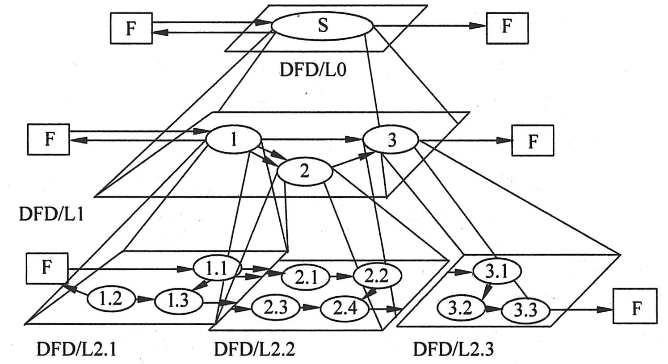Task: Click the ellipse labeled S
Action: click(x=322, y=25)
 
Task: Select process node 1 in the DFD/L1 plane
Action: click(x=233, y=140)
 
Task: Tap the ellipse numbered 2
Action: click(x=304, y=172)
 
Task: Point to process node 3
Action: click(x=391, y=140)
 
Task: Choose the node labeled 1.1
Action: click(x=217, y=268)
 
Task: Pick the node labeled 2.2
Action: click(x=377, y=276)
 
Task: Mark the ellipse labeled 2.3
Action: click(x=274, y=308)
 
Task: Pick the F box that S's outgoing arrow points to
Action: click(x=507, y=27)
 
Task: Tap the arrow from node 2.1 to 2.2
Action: click(x=341, y=276)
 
